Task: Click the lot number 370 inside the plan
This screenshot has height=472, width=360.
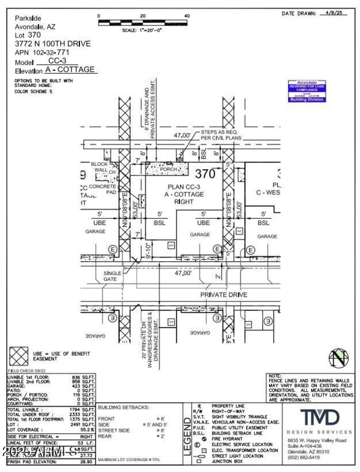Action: coord(205,173)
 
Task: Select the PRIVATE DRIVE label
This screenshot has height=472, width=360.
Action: coord(224,295)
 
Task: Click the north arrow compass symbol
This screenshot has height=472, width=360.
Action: coord(338,359)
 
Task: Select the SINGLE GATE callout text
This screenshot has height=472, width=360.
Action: coord(113,276)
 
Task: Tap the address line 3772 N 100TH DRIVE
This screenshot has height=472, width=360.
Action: coord(53,44)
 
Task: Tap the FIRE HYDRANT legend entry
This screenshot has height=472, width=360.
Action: coord(227,438)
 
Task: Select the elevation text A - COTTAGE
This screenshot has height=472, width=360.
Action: coord(70,70)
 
